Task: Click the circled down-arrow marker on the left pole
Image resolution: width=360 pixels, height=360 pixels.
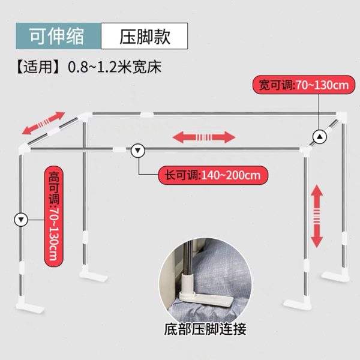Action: (x=22, y=220)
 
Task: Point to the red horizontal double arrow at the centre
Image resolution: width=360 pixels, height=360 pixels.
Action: (x=204, y=137)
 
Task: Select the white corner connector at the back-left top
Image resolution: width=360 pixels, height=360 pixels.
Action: (x=86, y=115)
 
